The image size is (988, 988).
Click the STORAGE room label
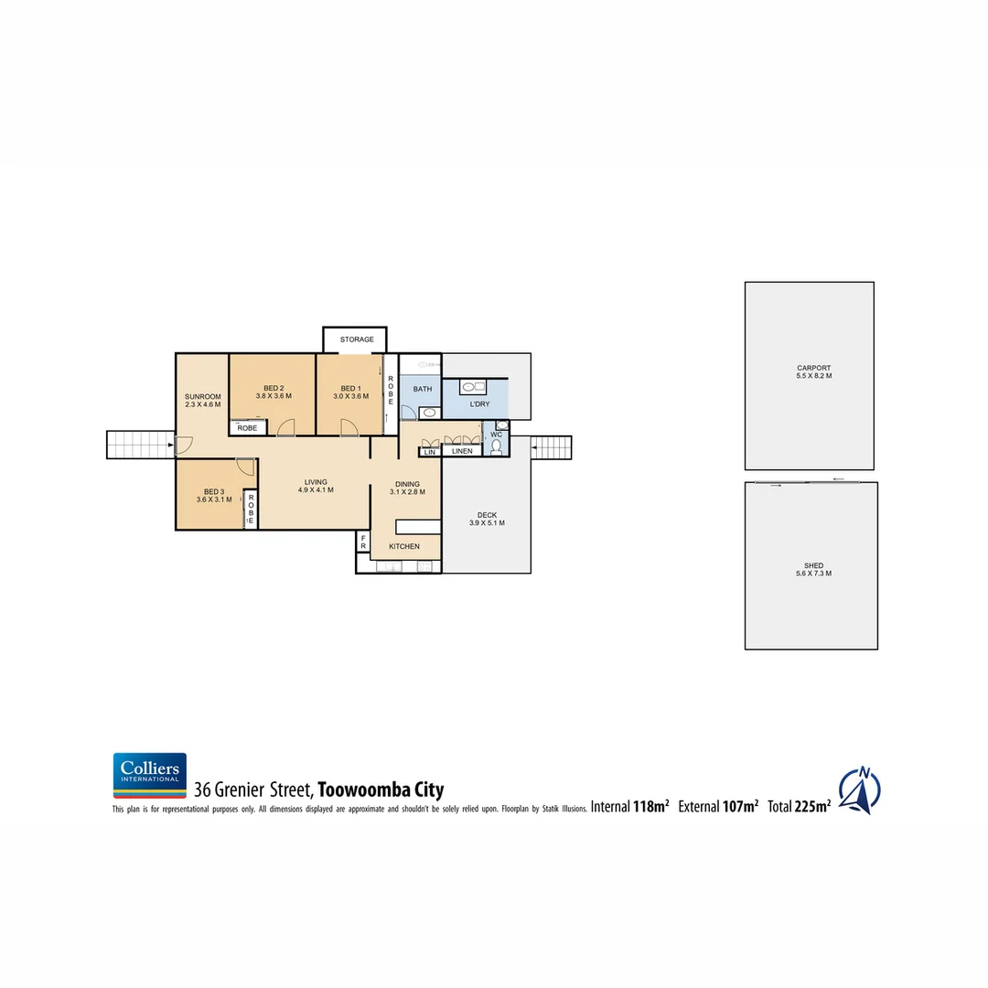tap(357, 339)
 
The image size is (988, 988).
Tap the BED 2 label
tap(274, 387)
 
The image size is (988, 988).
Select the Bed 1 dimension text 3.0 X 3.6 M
tap(349, 397)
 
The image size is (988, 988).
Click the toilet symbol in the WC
tap(496, 446)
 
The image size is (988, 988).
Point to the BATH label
tap(422, 389)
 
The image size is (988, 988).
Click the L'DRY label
tap(479, 404)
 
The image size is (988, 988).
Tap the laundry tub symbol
tap(473, 386)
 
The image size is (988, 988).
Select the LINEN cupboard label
tap(462, 451)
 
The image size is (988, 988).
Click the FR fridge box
tap(363, 541)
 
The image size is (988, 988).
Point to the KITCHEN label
tap(404, 546)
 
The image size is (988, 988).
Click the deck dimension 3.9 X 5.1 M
tap(487, 523)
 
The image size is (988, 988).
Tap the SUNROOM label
tap(202, 396)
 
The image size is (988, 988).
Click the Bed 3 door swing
tap(244, 466)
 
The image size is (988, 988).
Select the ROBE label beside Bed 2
tap(247, 427)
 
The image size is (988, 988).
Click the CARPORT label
tap(813, 368)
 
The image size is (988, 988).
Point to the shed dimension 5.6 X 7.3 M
tap(813, 574)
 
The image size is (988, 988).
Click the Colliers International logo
tap(149, 776)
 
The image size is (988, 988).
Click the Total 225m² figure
tap(800, 807)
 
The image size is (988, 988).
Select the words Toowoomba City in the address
tap(381, 789)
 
